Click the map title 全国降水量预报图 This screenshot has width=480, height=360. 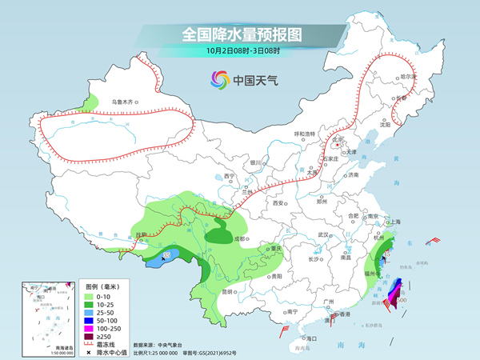239,34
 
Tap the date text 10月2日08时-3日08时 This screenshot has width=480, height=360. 240,50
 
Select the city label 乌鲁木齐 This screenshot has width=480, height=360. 125,102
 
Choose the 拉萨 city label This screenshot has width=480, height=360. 142,235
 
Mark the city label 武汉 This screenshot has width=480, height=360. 323,234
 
